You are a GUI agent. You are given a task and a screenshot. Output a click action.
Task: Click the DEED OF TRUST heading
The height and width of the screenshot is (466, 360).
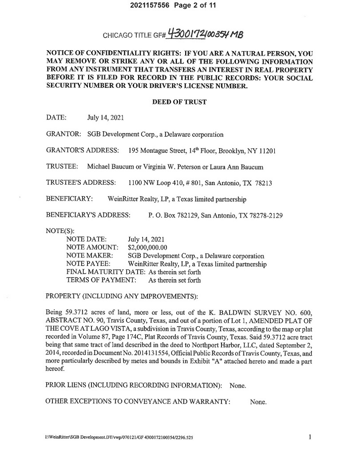click(x=179, y=102)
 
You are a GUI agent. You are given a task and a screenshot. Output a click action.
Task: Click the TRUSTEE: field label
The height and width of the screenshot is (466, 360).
click(x=62, y=167)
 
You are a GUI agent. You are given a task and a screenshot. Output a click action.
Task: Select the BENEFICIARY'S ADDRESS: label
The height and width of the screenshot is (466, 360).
click(x=88, y=215)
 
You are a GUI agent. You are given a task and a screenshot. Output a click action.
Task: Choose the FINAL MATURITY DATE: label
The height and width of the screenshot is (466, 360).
click(x=104, y=272)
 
